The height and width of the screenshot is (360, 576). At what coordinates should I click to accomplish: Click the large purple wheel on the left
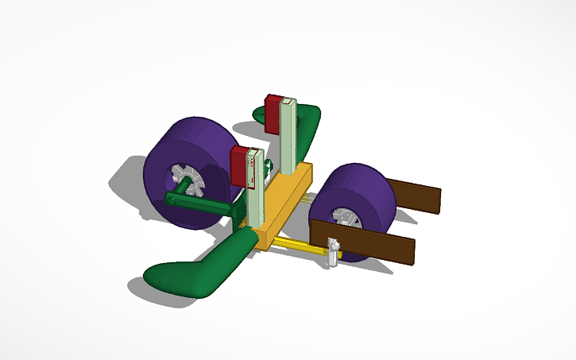pos(183,151)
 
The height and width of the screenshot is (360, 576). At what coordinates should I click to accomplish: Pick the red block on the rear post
pos(272,114)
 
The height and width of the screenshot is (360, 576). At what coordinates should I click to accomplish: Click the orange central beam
pos(283,203)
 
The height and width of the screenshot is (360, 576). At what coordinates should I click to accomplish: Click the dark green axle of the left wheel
pos(199,203)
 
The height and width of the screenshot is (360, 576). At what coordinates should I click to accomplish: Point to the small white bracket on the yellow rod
pos(333,253)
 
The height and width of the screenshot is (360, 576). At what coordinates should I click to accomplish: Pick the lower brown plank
pos(373,242)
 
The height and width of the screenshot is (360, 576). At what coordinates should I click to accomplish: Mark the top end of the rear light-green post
pos(289,102)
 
